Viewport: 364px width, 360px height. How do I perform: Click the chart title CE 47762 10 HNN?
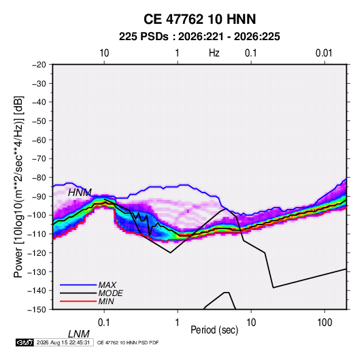pos(199,19)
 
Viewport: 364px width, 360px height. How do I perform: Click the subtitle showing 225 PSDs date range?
pos(199,37)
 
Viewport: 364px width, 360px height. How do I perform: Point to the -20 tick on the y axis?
pos(39,65)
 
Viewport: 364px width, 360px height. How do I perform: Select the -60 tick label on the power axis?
pos(39,140)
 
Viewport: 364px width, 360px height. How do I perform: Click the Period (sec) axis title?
pos(214,330)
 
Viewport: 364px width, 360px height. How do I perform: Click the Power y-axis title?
pos(18,187)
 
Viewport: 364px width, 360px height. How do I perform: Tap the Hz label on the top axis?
pos(214,53)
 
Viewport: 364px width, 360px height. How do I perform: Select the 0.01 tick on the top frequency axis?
pos(324,53)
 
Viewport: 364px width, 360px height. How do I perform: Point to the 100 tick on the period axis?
pos(325,323)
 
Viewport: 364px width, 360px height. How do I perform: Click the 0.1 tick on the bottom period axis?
pos(104,323)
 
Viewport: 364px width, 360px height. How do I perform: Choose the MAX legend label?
pos(107,284)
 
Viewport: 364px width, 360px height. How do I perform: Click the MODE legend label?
pos(110,293)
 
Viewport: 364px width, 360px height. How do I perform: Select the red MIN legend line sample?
pos(78,301)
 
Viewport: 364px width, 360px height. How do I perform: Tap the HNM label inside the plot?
pos(80,193)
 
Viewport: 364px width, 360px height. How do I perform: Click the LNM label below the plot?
pos(79,334)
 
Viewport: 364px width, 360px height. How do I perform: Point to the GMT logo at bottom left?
pos(24,342)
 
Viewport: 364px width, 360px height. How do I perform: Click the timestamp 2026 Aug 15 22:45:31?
pos(63,342)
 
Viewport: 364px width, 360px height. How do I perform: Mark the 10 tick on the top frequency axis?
pos(104,53)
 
